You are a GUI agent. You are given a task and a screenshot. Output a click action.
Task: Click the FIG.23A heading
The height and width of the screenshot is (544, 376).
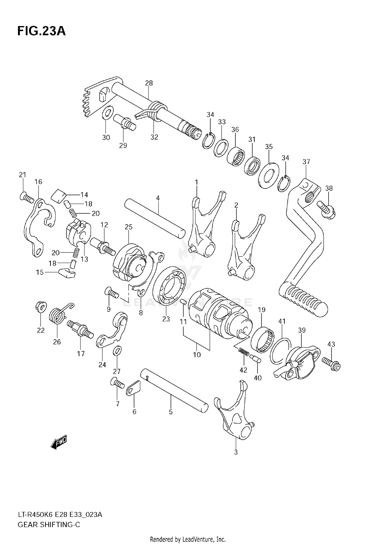tap(41, 31)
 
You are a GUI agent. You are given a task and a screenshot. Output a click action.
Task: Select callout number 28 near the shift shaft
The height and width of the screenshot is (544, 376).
tap(149, 83)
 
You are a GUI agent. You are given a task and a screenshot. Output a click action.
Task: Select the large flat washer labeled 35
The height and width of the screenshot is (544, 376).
tap(268, 175)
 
